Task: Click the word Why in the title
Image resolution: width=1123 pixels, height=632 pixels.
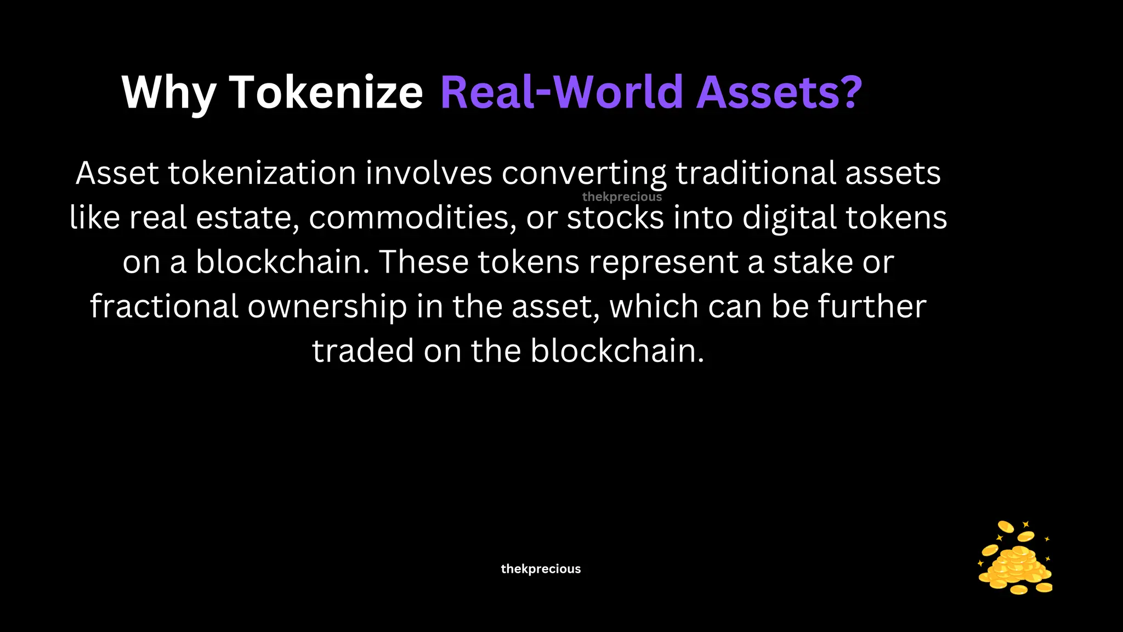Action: [169, 93]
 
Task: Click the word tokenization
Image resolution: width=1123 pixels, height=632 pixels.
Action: [262, 173]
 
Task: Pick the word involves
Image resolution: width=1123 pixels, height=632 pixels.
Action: [429, 173]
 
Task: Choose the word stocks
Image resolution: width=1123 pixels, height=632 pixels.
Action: [616, 218]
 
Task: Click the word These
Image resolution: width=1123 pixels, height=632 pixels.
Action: [424, 262]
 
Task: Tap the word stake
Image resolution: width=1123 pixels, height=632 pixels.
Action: [813, 262]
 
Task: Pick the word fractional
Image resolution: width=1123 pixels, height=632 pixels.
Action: [164, 307]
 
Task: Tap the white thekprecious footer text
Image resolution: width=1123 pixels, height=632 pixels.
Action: [541, 569]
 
